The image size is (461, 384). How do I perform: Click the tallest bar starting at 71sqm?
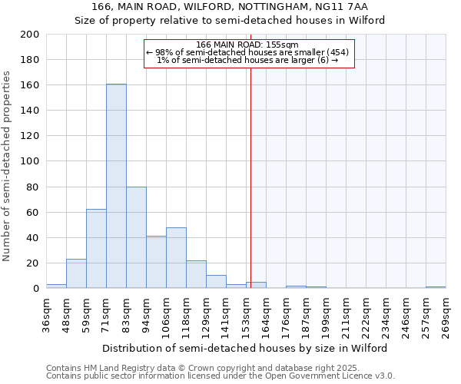[x=116, y=186]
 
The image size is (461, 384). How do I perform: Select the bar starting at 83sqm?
[x=136, y=237]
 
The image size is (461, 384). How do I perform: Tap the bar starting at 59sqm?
[x=96, y=248]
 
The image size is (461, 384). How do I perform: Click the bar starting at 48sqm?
[x=76, y=273]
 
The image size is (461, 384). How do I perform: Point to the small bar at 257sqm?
[x=436, y=287]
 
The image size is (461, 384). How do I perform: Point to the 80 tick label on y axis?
[x=33, y=187]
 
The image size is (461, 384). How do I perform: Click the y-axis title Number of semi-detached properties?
[x=7, y=165]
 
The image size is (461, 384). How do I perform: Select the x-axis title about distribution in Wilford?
[x=244, y=348]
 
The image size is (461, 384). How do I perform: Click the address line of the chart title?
[x=230, y=7]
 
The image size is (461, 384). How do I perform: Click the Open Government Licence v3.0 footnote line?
[x=221, y=376]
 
